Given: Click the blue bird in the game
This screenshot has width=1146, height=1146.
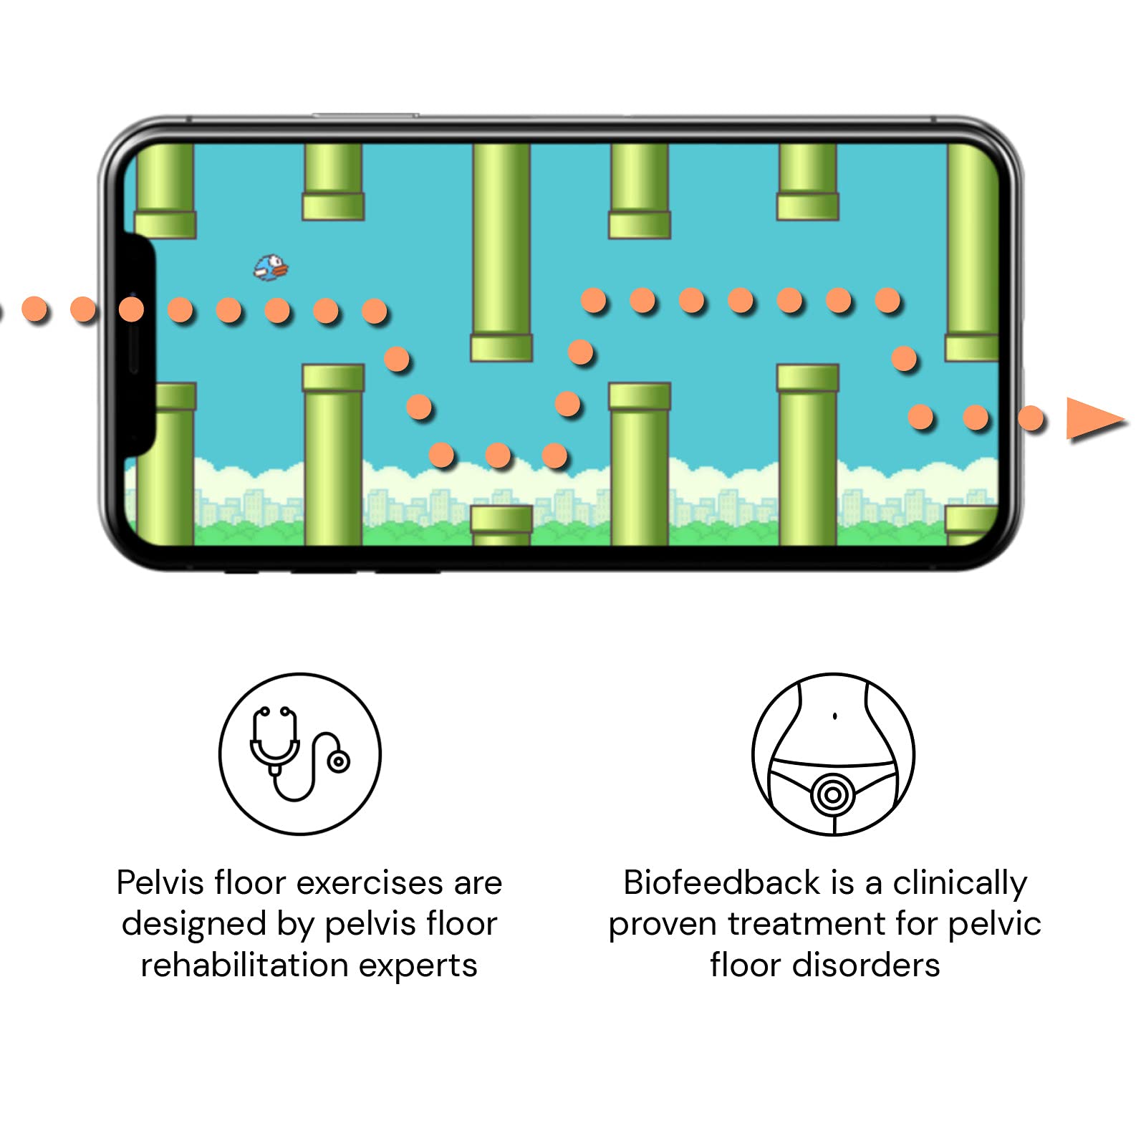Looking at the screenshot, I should [x=271, y=267].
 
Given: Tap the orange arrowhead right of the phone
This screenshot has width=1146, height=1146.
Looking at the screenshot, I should [x=1092, y=419].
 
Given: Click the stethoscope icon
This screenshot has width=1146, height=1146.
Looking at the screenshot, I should [x=299, y=753].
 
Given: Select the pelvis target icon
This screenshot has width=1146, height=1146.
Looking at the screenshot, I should [x=833, y=753].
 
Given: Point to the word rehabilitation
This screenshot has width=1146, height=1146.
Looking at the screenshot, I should [x=244, y=966].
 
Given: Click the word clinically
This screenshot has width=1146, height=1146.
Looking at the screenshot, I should [x=960, y=884].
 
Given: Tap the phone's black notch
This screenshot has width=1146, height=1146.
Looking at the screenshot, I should [x=140, y=344].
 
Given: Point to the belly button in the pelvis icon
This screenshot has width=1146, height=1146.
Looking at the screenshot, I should [x=835, y=716].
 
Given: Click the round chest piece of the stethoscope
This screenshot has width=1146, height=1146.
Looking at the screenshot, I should [x=338, y=761].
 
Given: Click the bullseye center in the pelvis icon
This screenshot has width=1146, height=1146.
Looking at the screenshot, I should [x=833, y=794].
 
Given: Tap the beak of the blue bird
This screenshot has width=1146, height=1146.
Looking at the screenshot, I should [x=281, y=270].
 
